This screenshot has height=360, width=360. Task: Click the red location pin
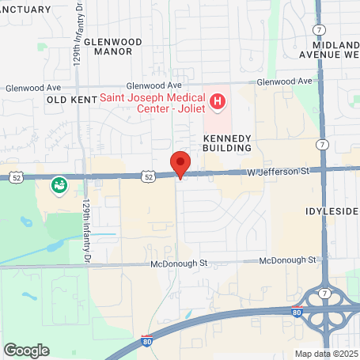coord(180,165)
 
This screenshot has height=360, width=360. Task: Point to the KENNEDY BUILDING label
coord(227,142)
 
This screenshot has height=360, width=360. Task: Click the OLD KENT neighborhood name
coord(71,100)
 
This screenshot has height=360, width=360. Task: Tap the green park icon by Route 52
coord(58,186)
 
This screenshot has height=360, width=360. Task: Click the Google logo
coord(27,349)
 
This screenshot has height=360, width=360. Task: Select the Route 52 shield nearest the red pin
coord(149,177)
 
